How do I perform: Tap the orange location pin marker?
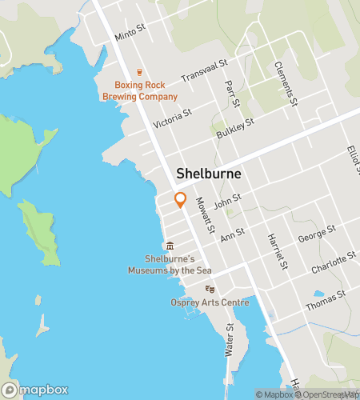(180, 200)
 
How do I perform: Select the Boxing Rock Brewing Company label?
(146, 90)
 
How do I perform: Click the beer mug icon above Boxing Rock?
(139, 72)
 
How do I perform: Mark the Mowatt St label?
(206, 215)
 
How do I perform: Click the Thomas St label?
(325, 300)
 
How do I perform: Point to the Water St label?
(230, 339)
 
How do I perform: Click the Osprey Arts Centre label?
(210, 302)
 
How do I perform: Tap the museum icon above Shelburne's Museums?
(169, 246)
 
